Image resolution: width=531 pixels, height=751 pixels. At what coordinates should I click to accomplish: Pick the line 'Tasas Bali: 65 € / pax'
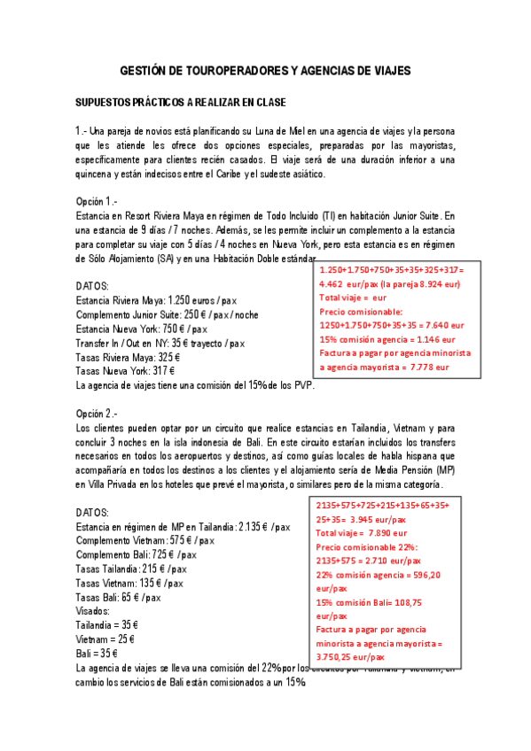[119, 598]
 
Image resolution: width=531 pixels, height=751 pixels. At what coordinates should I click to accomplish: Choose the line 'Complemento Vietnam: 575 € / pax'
[145, 540]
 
